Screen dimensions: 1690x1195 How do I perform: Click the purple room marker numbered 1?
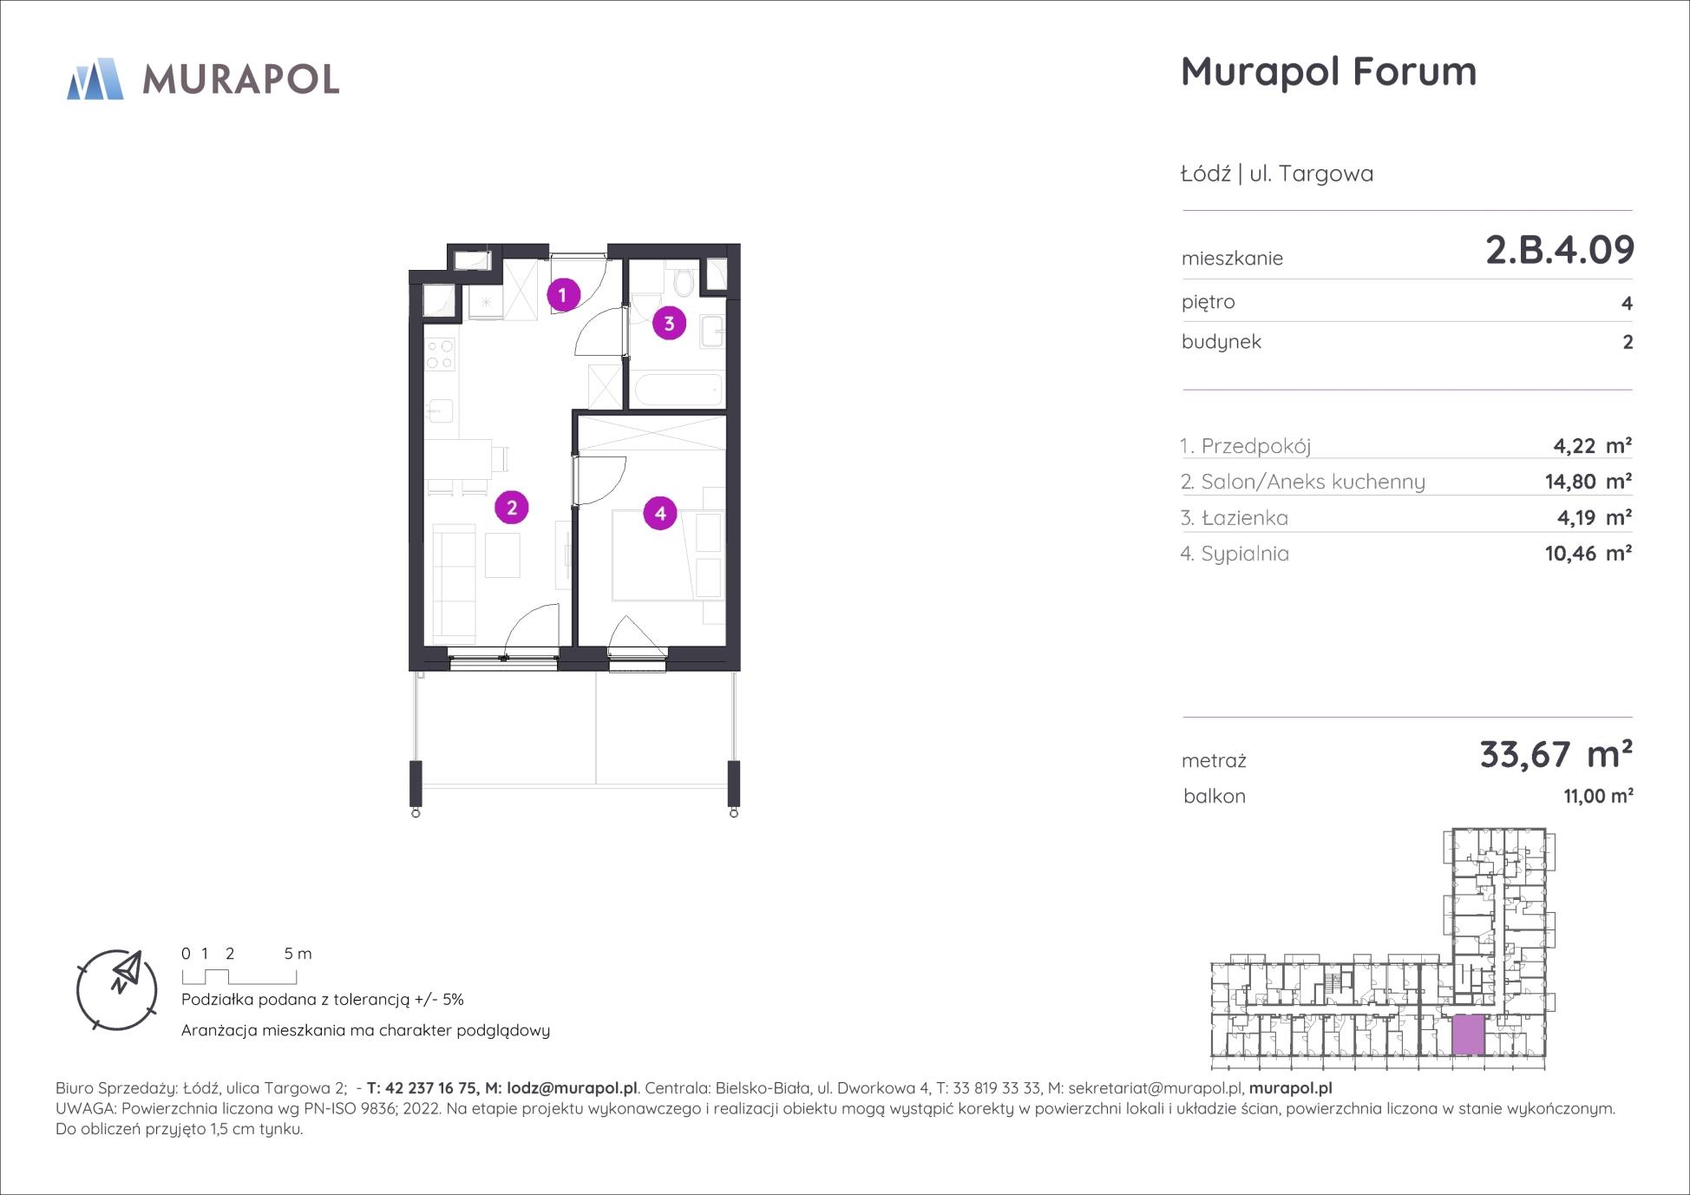point(562,295)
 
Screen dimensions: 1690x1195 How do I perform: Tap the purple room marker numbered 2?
point(511,508)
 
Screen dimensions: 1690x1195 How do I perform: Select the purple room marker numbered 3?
point(669,324)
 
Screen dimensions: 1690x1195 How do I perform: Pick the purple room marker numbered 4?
point(660,513)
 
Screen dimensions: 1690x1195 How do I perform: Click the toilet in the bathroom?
point(682,279)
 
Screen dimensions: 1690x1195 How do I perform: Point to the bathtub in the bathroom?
point(678,390)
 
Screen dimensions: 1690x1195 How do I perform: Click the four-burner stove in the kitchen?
point(440,351)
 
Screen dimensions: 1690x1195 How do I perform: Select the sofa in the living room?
point(454,581)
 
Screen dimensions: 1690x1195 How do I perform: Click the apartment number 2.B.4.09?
point(1560,250)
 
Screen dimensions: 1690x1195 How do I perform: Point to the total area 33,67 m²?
point(1556,755)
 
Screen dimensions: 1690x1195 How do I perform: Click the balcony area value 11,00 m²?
point(1598,796)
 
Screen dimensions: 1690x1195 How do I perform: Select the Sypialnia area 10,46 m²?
point(1588,553)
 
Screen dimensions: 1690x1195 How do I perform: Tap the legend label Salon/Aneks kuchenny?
point(1313,482)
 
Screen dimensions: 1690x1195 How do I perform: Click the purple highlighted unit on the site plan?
point(1468,1034)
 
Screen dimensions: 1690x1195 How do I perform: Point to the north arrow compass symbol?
point(117,990)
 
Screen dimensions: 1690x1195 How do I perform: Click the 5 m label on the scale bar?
point(298,953)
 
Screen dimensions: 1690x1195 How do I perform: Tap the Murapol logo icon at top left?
point(95,79)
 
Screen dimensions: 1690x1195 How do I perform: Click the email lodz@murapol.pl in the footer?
point(572,1088)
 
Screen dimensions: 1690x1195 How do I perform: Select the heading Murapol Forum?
point(1328,71)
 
